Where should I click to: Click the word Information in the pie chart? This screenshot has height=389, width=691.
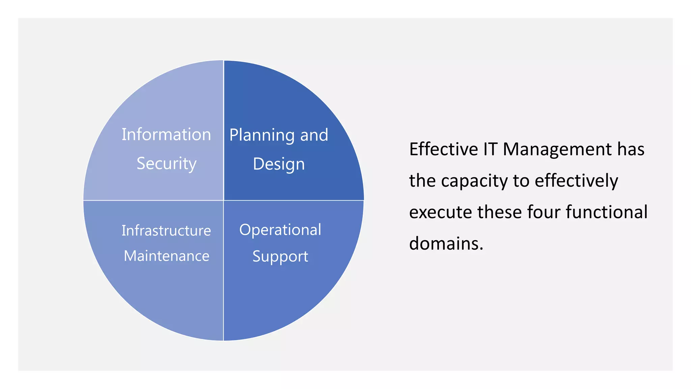tap(166, 134)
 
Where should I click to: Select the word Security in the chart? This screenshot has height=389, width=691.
tap(166, 163)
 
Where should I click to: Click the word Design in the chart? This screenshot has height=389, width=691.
tap(279, 164)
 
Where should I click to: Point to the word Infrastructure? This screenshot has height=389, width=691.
tap(166, 231)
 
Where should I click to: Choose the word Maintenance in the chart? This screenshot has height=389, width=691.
tap(166, 256)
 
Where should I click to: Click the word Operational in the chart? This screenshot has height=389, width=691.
tap(280, 230)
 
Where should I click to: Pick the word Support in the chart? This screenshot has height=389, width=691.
tap(280, 256)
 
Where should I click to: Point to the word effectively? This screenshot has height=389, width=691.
tap(576, 181)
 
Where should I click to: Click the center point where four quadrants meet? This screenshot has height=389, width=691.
tap(223, 200)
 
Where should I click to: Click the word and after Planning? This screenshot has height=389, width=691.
tap(314, 135)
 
